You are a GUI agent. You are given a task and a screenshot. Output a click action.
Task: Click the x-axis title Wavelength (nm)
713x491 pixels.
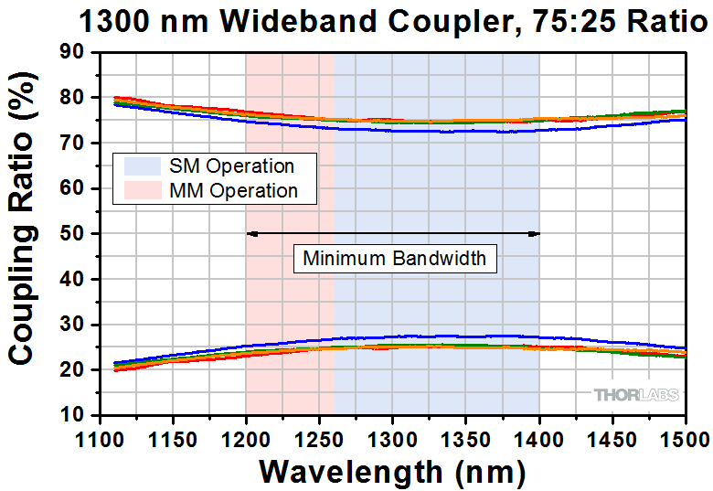click(392, 471)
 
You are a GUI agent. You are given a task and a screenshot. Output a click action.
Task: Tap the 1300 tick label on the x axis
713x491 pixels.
click(392, 433)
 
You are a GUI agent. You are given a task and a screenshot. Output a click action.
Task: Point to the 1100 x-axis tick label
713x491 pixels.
click(99, 433)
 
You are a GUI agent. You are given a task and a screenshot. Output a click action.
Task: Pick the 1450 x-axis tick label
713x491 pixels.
click(612, 433)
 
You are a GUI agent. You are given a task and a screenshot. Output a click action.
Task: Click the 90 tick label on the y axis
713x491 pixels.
click(73, 53)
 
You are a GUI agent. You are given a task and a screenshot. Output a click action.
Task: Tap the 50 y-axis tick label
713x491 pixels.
click(73, 234)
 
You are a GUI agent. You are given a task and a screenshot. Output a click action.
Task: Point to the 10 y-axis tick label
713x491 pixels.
click(73, 415)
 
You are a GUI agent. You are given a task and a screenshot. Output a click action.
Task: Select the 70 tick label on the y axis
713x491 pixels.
click(73, 144)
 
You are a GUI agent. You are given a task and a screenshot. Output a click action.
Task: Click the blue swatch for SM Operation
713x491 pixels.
click(141, 166)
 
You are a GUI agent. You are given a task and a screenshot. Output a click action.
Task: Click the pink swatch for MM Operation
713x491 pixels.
click(141, 190)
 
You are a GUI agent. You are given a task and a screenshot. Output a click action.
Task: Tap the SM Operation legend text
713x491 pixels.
click(231, 166)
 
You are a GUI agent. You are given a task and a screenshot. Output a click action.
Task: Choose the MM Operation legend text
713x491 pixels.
click(233, 190)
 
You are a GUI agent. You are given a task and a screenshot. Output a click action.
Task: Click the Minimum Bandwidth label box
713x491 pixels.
click(395, 259)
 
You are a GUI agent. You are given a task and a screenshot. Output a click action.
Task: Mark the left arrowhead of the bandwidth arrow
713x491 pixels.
click(251, 234)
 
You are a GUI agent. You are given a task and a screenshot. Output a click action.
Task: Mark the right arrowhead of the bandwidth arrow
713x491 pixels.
click(536, 234)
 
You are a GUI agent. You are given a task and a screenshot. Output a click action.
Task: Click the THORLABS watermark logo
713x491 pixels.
click(636, 395)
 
